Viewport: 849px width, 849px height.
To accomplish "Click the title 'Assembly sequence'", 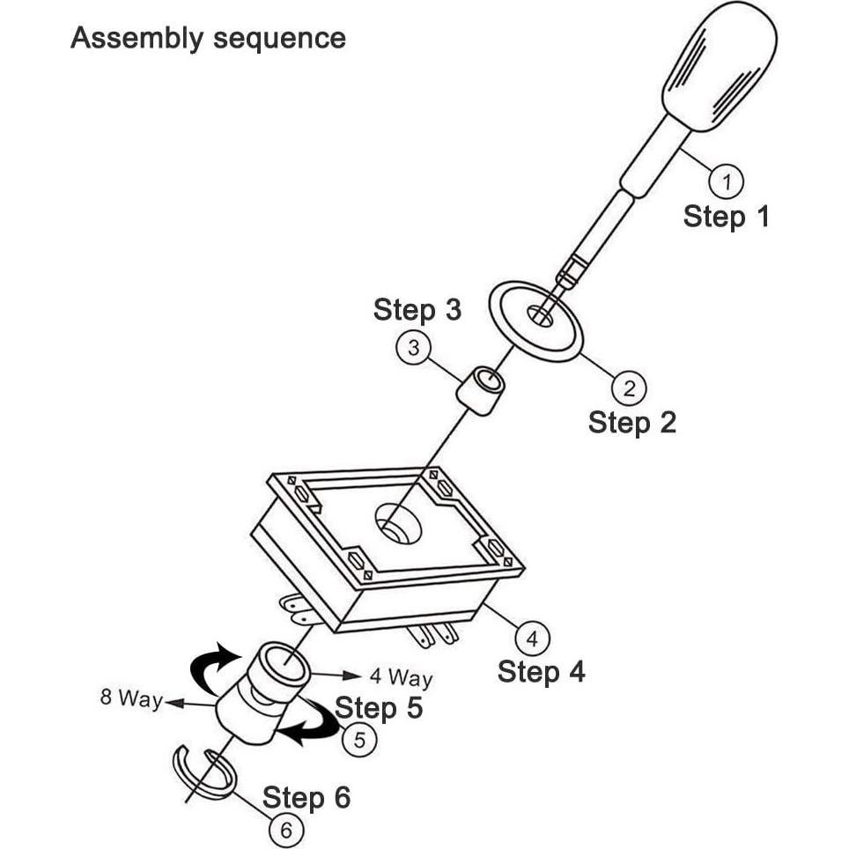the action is click(208, 39).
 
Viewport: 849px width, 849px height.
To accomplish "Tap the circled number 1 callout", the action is click(726, 181).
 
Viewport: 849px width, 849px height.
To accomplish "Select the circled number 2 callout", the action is click(629, 388).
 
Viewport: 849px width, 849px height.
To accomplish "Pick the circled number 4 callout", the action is click(532, 639).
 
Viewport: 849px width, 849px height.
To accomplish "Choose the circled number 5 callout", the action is click(359, 740).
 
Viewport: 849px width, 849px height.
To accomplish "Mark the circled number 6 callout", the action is click(286, 830).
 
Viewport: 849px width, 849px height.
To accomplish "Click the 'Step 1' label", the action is click(726, 217).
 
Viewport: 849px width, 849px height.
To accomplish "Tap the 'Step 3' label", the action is click(417, 310).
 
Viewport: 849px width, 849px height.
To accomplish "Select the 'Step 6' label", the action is click(306, 798).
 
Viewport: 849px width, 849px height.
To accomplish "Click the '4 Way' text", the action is click(402, 677).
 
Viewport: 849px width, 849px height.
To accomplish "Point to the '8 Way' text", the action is click(131, 698).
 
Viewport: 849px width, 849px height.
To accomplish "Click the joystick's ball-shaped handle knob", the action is click(720, 67).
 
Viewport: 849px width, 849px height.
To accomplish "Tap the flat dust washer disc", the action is click(535, 321).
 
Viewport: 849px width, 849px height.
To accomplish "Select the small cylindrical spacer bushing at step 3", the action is click(480, 390).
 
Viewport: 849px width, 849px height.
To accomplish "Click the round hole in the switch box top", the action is click(398, 522).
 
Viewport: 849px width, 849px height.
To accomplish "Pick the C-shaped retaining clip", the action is click(204, 772).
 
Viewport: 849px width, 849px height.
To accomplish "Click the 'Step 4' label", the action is click(542, 672).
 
